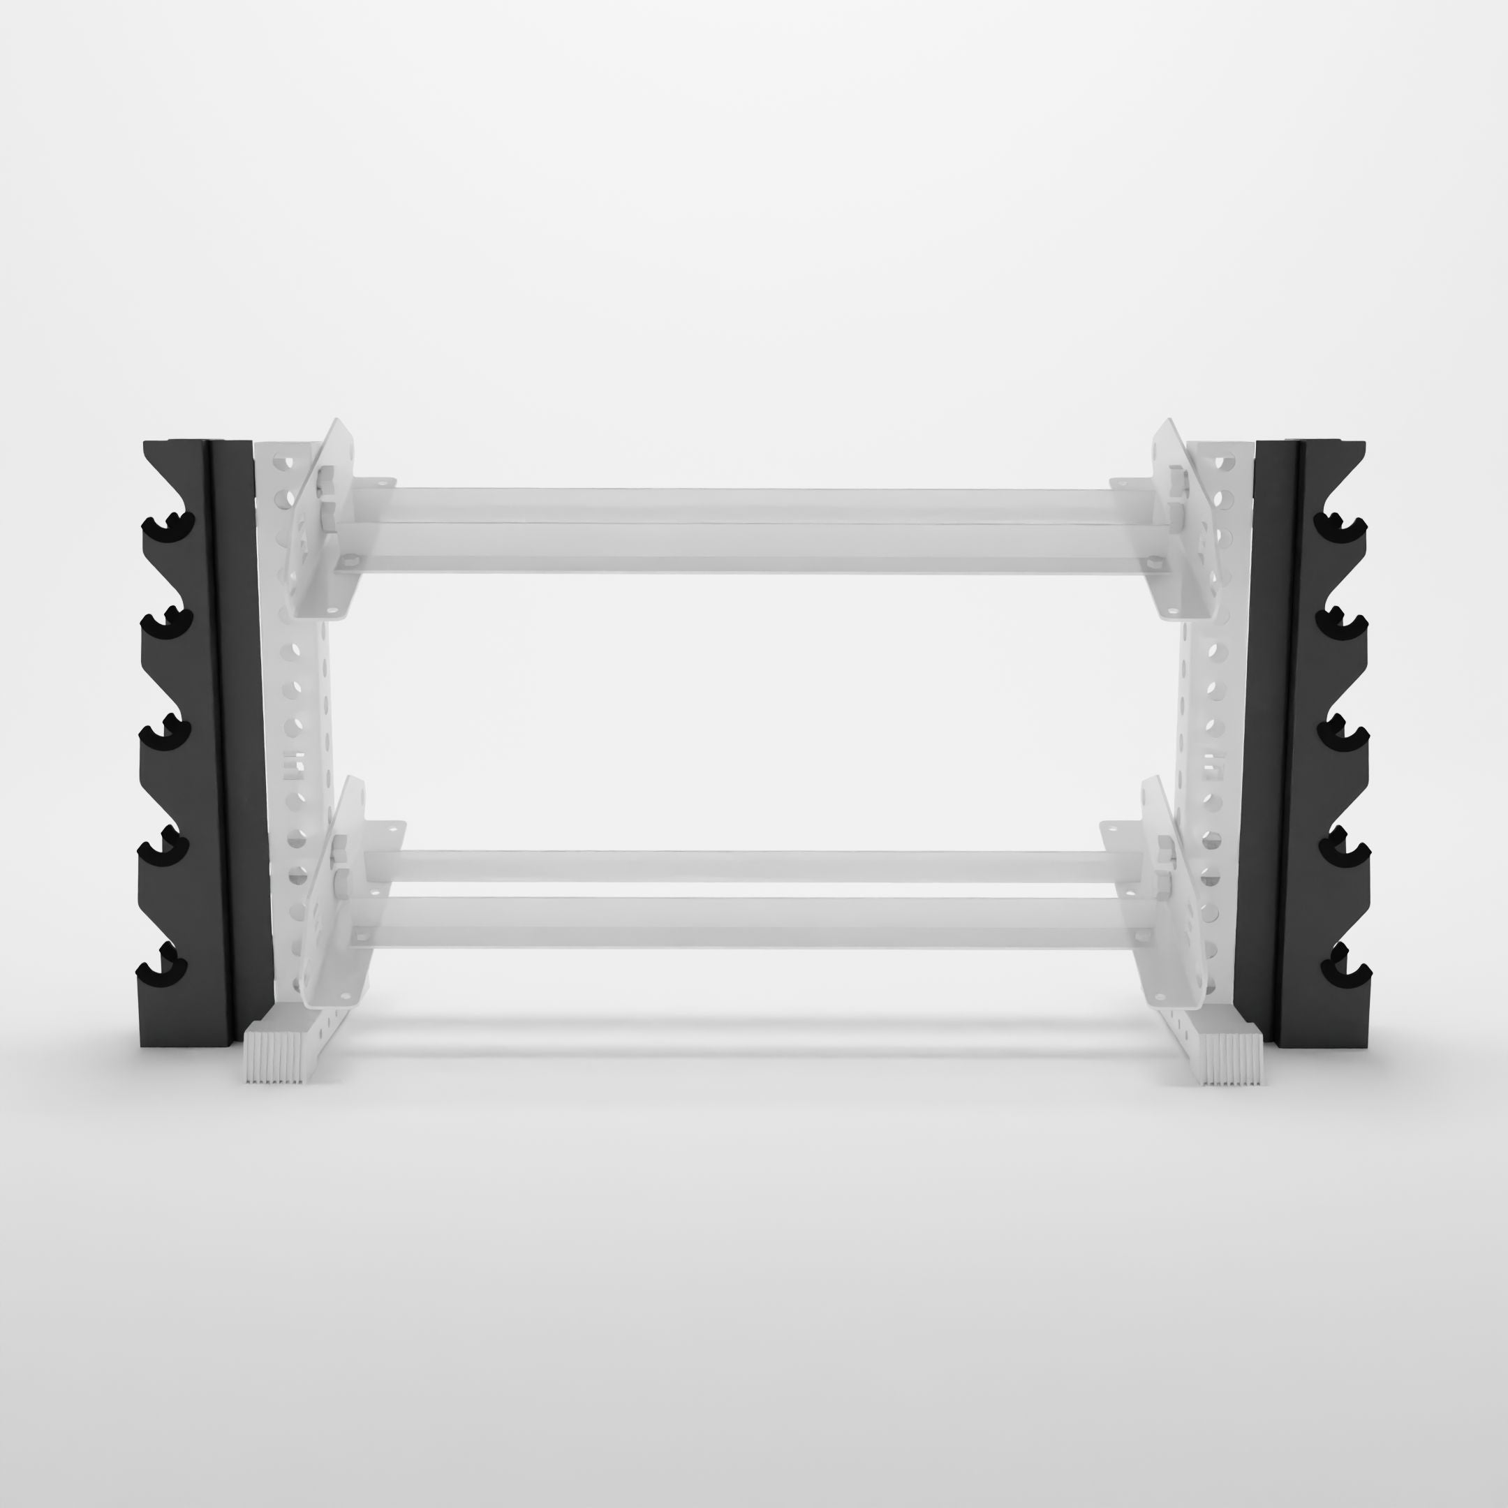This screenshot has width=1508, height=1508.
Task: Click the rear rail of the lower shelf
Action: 749,865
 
